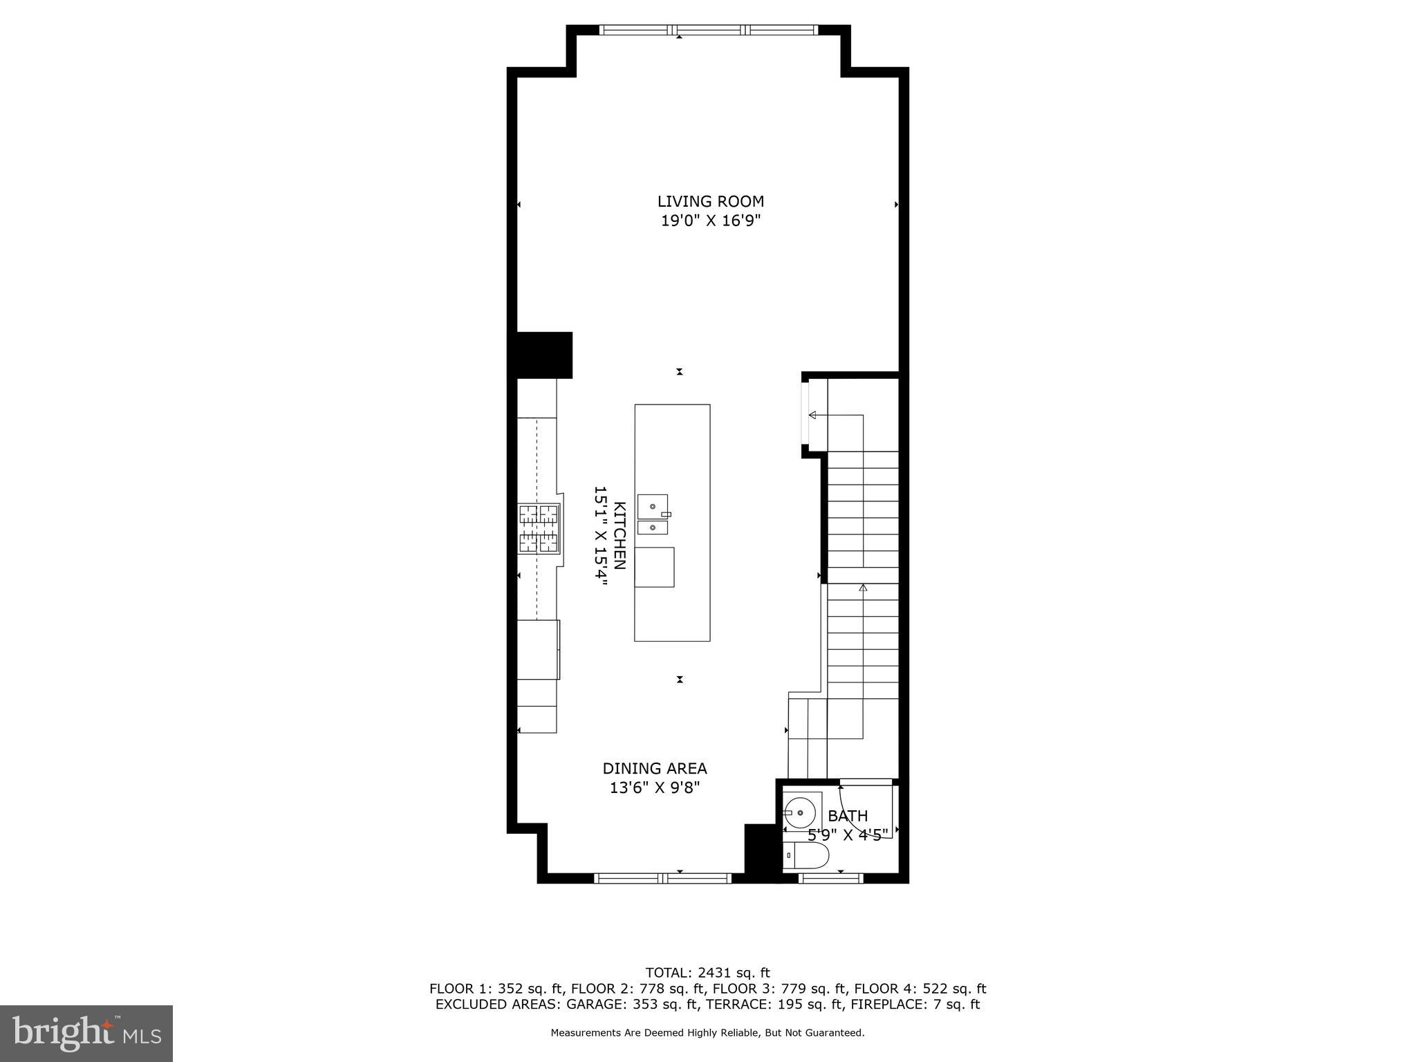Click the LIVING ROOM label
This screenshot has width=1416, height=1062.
[710, 201]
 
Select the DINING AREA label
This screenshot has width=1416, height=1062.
[654, 768]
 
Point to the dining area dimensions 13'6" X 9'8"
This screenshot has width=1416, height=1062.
[654, 788]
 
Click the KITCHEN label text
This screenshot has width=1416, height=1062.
[619, 536]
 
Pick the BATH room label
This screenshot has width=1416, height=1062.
[847, 816]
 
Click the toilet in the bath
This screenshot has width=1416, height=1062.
[807, 856]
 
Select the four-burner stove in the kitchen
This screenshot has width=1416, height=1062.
[539, 529]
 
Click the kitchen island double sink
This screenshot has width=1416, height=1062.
[653, 514]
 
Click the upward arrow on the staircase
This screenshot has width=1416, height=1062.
[862, 588]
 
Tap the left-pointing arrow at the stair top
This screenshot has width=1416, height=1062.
[813, 415]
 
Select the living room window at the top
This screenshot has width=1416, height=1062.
[709, 30]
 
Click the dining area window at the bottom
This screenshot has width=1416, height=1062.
[662, 879]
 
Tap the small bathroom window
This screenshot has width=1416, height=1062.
[830, 879]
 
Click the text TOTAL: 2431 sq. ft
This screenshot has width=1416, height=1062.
[707, 973]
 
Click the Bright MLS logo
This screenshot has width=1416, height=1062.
[86, 1033]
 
